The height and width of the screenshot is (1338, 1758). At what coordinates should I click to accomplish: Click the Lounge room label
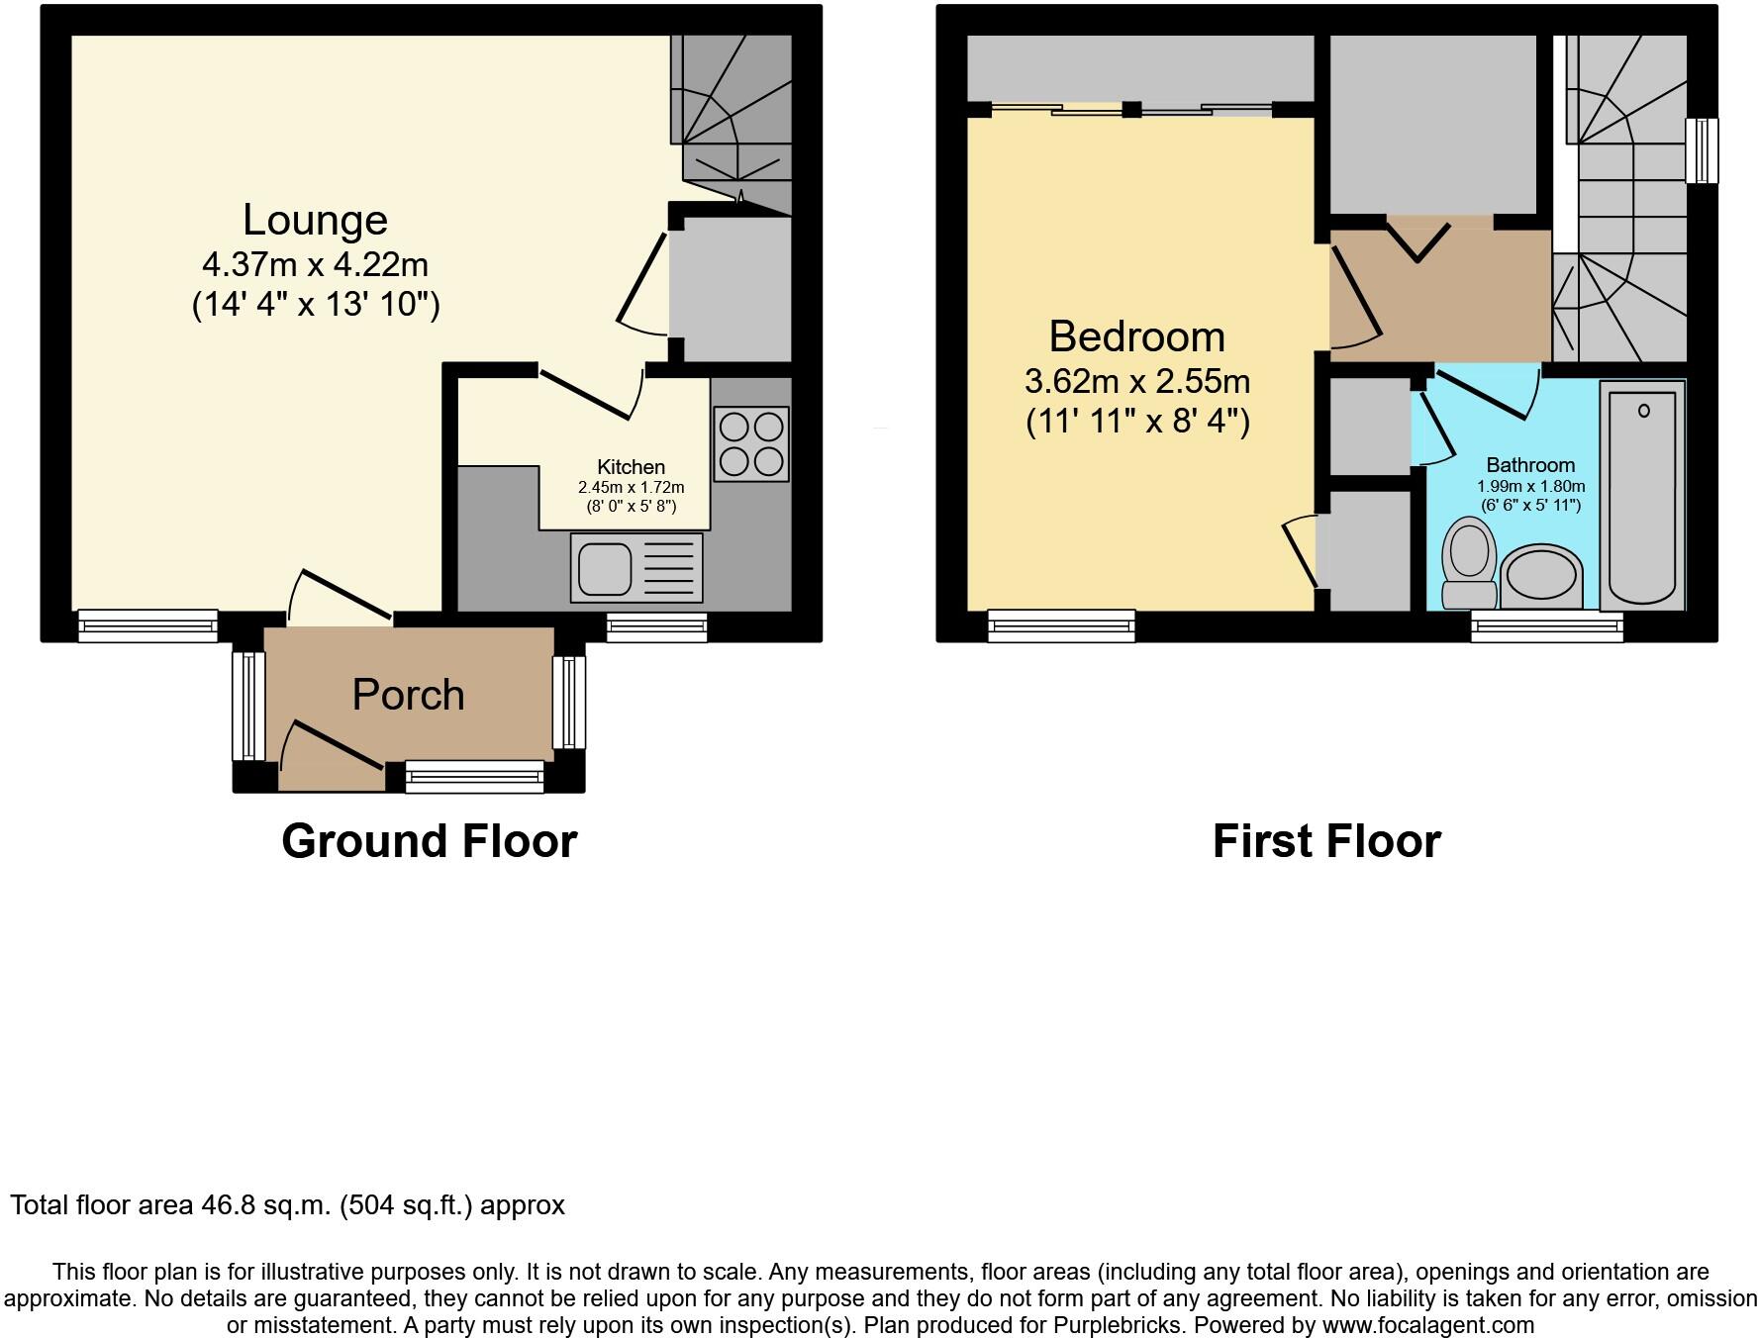coord(315,220)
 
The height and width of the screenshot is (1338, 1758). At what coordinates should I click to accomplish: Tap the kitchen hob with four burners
coord(751,444)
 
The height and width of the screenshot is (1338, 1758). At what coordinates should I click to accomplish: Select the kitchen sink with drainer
coord(636,567)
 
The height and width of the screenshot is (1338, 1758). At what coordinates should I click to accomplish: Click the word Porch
coord(408,695)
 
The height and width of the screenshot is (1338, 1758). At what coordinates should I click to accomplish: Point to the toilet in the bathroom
coord(1469,563)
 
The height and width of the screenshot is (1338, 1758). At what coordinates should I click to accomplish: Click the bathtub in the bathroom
coord(1642,495)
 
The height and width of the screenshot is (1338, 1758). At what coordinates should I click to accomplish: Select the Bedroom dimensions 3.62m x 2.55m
coord(1137,381)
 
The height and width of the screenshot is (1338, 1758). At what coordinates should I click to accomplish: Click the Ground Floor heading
coord(429,841)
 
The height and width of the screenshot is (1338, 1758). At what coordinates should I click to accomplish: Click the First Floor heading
coord(1326,841)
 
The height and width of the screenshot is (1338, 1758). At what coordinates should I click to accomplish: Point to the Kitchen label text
coord(631,466)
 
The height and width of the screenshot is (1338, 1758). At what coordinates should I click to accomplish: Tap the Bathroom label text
coord(1530,465)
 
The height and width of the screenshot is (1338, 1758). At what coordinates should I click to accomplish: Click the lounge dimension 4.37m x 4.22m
coord(315,265)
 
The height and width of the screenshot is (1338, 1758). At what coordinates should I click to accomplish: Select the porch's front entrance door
coord(332,757)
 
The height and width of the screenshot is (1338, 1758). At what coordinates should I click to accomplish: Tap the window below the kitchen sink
coord(656,626)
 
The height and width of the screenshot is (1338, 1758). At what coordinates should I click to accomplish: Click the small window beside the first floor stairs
coord(1702,150)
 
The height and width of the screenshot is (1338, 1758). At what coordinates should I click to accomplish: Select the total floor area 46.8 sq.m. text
coord(287,1205)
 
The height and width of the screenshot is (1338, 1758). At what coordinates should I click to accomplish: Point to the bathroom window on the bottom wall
coord(1546,626)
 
